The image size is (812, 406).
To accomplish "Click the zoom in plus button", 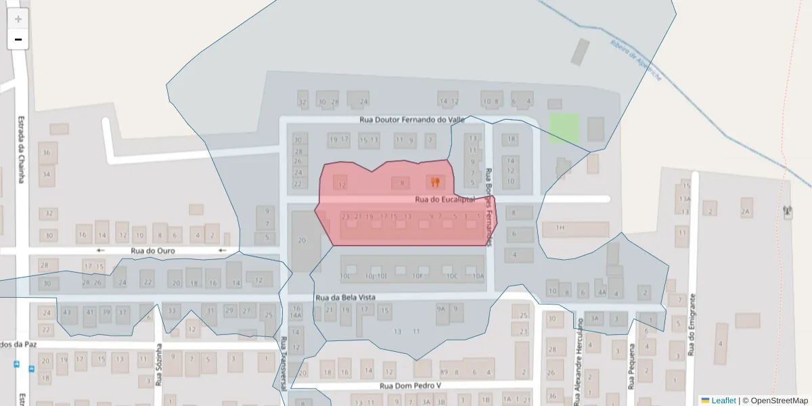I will (x=18, y=19).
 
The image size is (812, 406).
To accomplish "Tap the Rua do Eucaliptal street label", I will (x=441, y=199).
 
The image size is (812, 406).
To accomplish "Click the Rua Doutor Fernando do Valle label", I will (x=413, y=120).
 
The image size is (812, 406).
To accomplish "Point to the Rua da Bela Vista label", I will (x=345, y=297).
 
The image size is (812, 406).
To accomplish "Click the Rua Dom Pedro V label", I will (x=411, y=386).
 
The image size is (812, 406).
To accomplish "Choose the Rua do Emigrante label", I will (x=692, y=325).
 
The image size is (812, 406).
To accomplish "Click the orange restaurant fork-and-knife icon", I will (x=435, y=181).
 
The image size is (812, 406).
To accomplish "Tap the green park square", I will (x=564, y=128).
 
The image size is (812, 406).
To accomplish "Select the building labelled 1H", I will (x=560, y=228).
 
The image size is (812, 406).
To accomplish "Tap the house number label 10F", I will (x=418, y=276).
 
